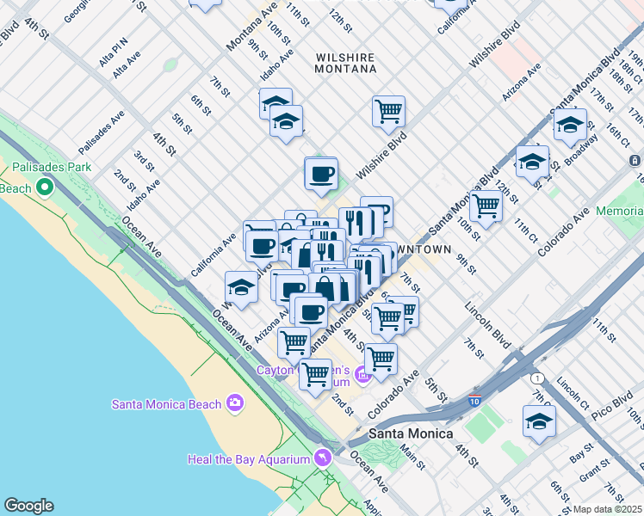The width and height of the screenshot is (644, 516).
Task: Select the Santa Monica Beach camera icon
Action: click(x=235, y=403)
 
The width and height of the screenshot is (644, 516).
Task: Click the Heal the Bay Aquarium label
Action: click(x=248, y=459)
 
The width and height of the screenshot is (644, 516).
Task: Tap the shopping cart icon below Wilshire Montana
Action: click(x=388, y=110)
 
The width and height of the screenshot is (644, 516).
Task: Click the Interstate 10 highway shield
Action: click(x=475, y=401)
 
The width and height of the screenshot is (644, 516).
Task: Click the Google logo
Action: click(x=28, y=506)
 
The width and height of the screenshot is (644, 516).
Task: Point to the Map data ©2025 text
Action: click(x=607, y=509)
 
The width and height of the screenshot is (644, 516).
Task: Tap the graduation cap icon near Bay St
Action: click(x=539, y=421)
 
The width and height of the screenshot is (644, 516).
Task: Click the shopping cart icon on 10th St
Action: click(x=486, y=206)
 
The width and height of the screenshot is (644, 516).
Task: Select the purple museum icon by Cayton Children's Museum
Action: click(x=362, y=375)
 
